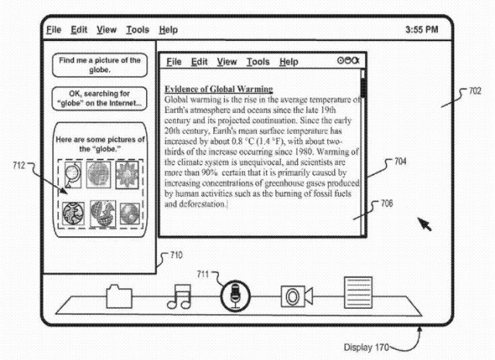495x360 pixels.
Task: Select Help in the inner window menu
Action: point(288,62)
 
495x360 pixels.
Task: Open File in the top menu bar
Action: point(53,29)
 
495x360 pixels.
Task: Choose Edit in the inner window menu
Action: point(200,62)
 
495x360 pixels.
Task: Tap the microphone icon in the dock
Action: point(235,296)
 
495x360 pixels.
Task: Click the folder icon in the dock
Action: point(120,296)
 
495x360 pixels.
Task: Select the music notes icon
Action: point(179,297)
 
